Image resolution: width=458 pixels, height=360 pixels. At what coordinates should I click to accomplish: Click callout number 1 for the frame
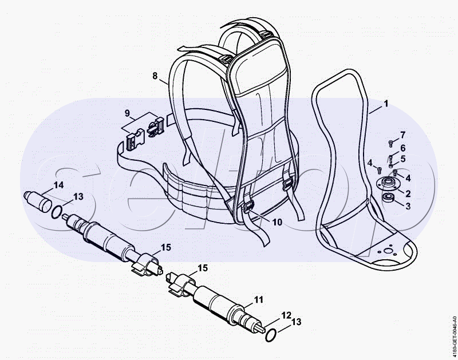pyautogui.click(x=386, y=104)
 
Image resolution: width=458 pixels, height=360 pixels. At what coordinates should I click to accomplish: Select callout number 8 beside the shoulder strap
pyautogui.click(x=155, y=76)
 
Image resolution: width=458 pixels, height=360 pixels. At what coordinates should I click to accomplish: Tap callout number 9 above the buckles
pyautogui.click(x=127, y=113)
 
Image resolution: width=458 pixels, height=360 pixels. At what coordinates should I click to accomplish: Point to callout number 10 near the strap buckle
pyautogui.click(x=277, y=222)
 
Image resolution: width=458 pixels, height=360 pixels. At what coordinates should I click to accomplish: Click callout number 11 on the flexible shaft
pyautogui.click(x=259, y=299)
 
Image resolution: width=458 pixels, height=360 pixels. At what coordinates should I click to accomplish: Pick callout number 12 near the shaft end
pyautogui.click(x=287, y=315)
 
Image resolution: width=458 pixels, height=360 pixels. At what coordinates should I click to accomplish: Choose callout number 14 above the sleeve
pyautogui.click(x=58, y=185)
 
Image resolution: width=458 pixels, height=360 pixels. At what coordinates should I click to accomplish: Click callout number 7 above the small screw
pyautogui.click(x=403, y=135)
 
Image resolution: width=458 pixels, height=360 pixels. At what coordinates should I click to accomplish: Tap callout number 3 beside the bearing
pyautogui.click(x=408, y=206)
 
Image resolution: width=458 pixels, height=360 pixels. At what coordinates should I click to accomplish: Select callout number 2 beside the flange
pyautogui.click(x=408, y=193)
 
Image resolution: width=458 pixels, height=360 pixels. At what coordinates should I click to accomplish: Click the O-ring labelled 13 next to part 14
pyautogui.click(x=57, y=211)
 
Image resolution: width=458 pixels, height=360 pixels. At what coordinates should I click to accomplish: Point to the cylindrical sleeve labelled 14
pyautogui.click(x=38, y=201)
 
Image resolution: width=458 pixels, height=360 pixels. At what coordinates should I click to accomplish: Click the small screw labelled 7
pyautogui.click(x=391, y=143)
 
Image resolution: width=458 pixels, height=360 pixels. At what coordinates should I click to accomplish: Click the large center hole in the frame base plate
pyautogui.click(x=388, y=251)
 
